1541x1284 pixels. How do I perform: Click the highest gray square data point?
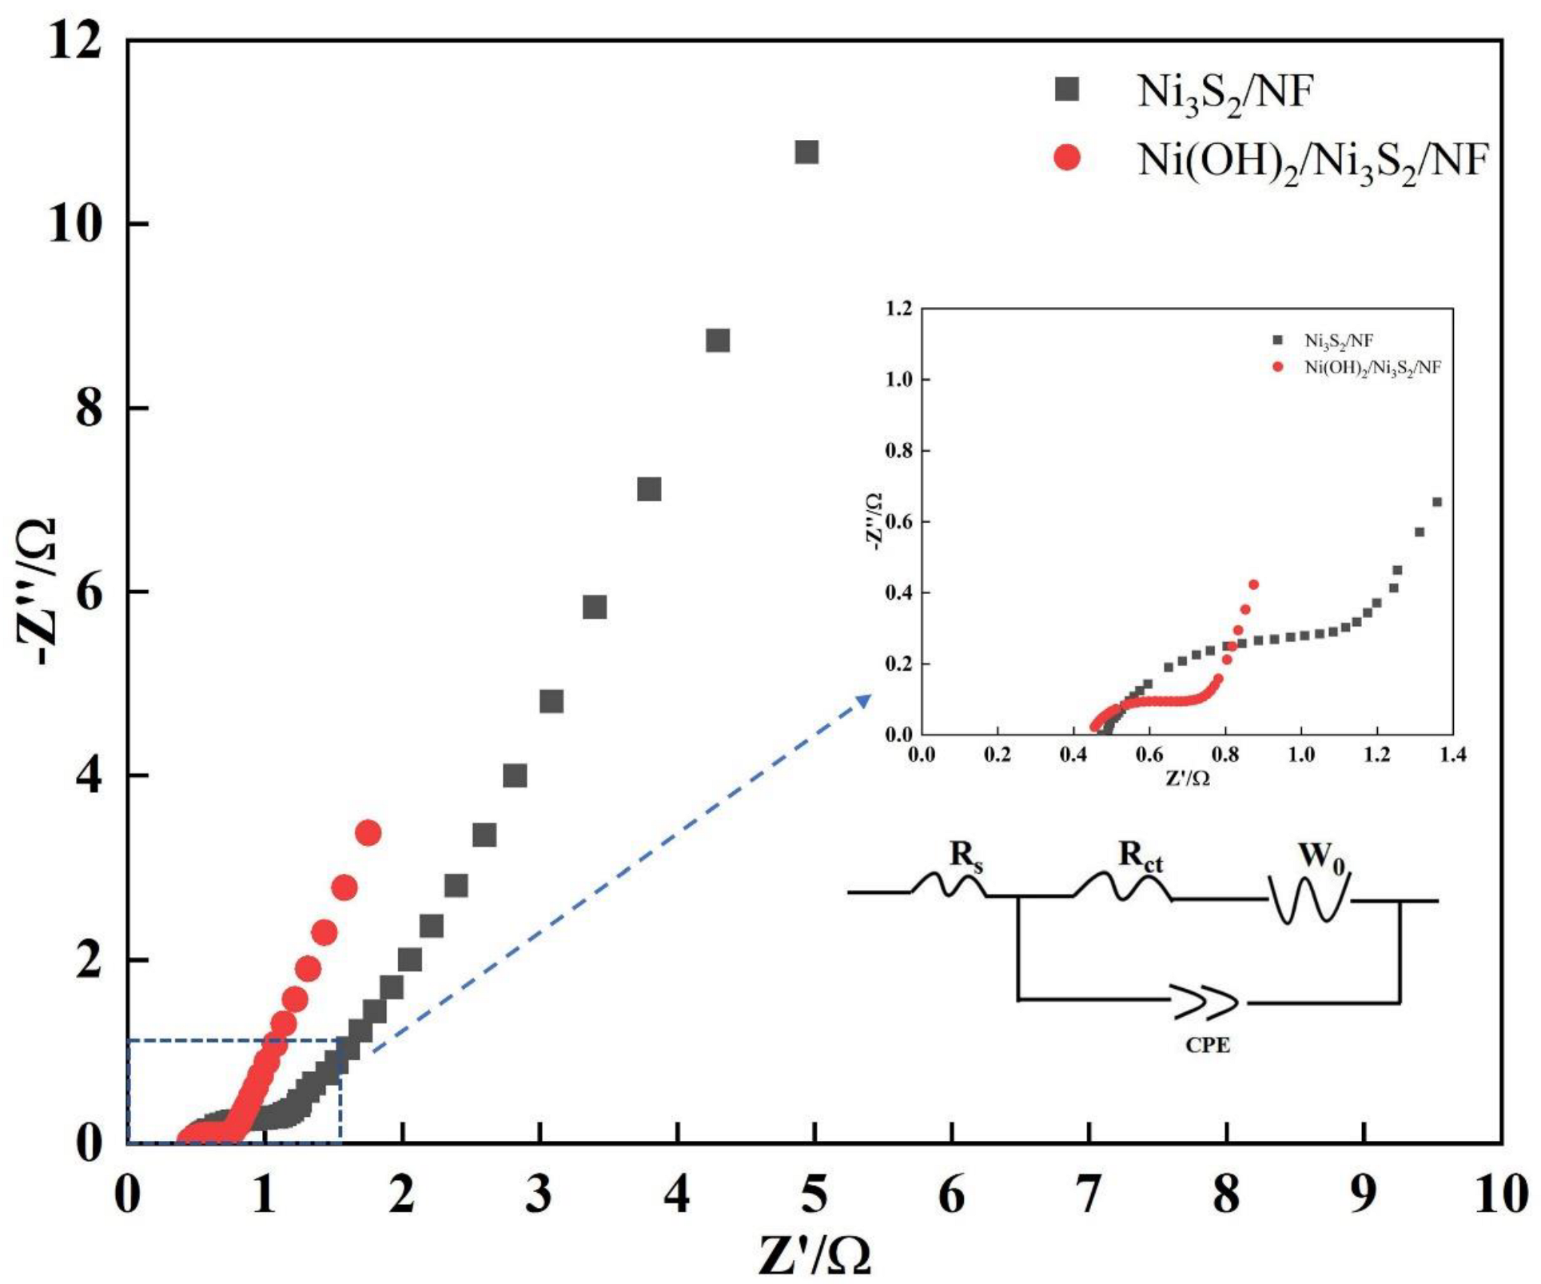click(806, 152)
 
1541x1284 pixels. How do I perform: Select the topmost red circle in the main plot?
click(368, 833)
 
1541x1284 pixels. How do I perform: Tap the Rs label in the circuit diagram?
click(966, 855)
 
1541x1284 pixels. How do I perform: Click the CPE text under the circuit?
click(1207, 1045)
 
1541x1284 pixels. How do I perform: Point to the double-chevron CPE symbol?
click(1207, 1002)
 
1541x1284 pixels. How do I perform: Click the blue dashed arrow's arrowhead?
click(864, 700)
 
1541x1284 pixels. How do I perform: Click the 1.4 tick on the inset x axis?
click(1451, 755)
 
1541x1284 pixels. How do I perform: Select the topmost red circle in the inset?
click(1253, 584)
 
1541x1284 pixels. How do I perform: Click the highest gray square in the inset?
click(1436, 502)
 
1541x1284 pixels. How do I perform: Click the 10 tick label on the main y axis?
click(75, 225)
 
